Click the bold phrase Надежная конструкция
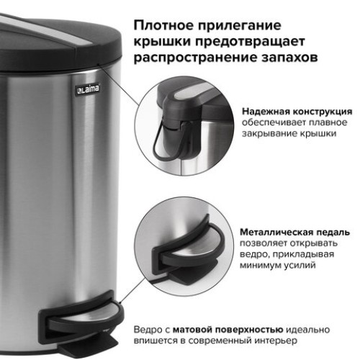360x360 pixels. (297, 112)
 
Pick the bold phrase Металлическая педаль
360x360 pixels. (297, 233)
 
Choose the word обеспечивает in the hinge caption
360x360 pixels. (271, 124)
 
